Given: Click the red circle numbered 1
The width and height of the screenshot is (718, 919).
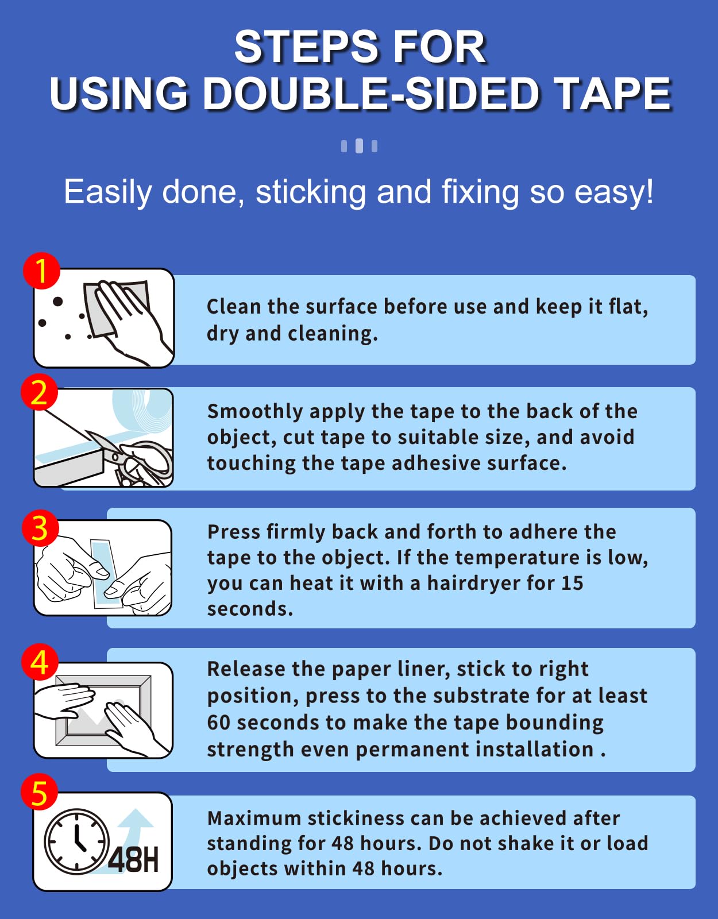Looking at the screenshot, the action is [41, 271].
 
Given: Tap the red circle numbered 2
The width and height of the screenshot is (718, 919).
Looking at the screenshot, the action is [39, 392].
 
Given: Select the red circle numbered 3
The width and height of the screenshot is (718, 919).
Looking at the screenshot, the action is [40, 528].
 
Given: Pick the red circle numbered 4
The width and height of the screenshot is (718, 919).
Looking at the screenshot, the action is [40, 662].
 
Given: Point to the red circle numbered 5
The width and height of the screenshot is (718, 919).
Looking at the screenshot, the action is [39, 792].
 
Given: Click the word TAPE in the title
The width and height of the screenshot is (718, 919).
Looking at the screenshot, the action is [613, 94].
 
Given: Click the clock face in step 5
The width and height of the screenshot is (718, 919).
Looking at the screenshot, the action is [76, 841].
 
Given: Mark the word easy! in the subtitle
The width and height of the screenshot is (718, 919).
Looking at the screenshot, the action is [613, 193].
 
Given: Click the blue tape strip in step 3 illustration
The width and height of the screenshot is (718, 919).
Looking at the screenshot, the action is [105, 573].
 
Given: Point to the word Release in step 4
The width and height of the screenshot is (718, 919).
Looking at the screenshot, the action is [246, 670].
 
